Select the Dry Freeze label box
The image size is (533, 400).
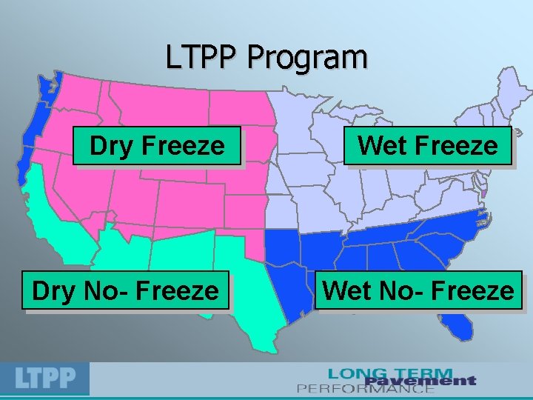158,146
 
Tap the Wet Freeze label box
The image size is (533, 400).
428,145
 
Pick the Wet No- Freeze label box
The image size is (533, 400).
419,290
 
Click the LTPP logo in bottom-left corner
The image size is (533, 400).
45,379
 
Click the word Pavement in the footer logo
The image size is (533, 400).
420,381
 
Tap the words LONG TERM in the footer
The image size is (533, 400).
390,373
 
